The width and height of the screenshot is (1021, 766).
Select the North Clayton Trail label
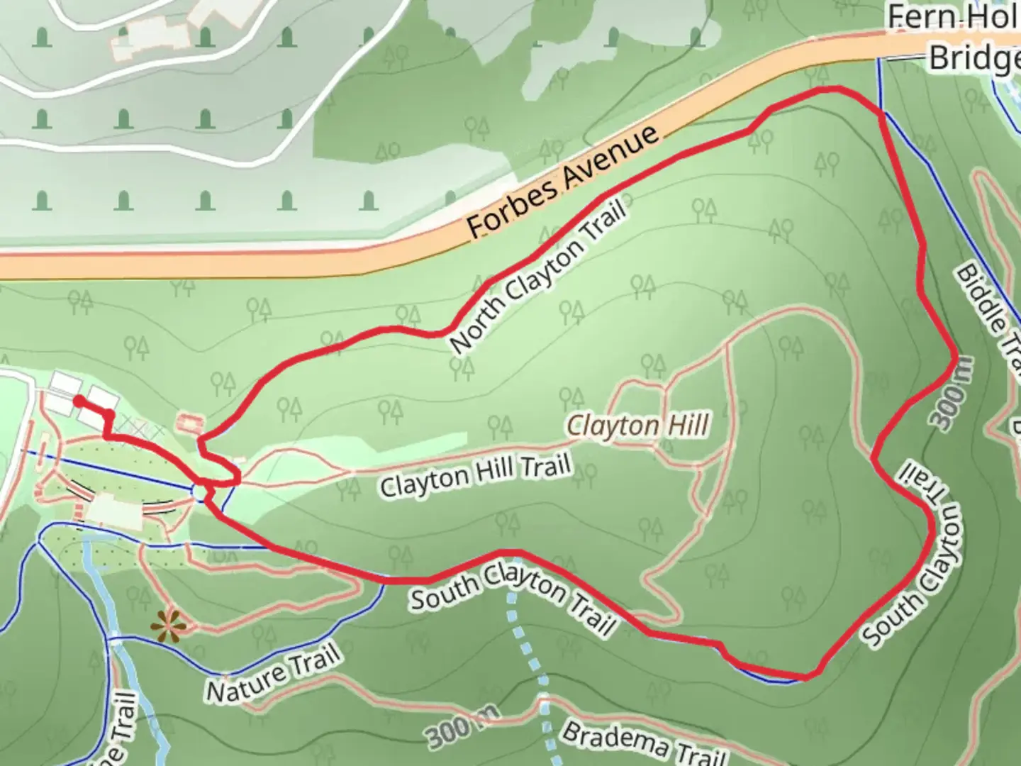point(539,277)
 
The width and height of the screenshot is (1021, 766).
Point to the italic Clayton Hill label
point(638,426)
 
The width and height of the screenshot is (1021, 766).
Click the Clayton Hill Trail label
point(475,476)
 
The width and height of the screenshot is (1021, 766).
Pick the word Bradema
point(614,734)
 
